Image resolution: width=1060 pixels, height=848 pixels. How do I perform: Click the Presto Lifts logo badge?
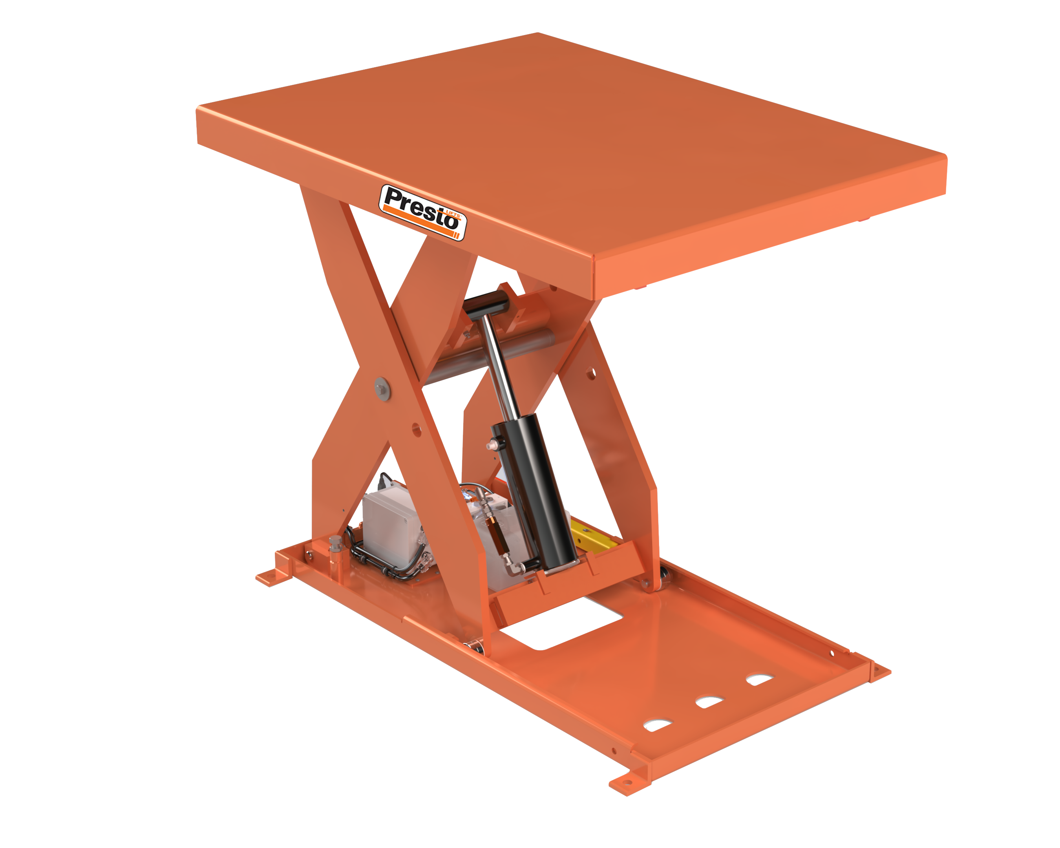point(422,212)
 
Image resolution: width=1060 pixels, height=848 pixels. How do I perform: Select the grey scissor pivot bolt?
point(382,388)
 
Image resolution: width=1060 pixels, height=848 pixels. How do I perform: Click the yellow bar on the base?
point(592,538)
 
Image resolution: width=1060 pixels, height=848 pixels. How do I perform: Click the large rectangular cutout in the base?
point(561,624)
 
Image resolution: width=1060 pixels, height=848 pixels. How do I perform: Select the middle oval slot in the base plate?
point(709,702)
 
